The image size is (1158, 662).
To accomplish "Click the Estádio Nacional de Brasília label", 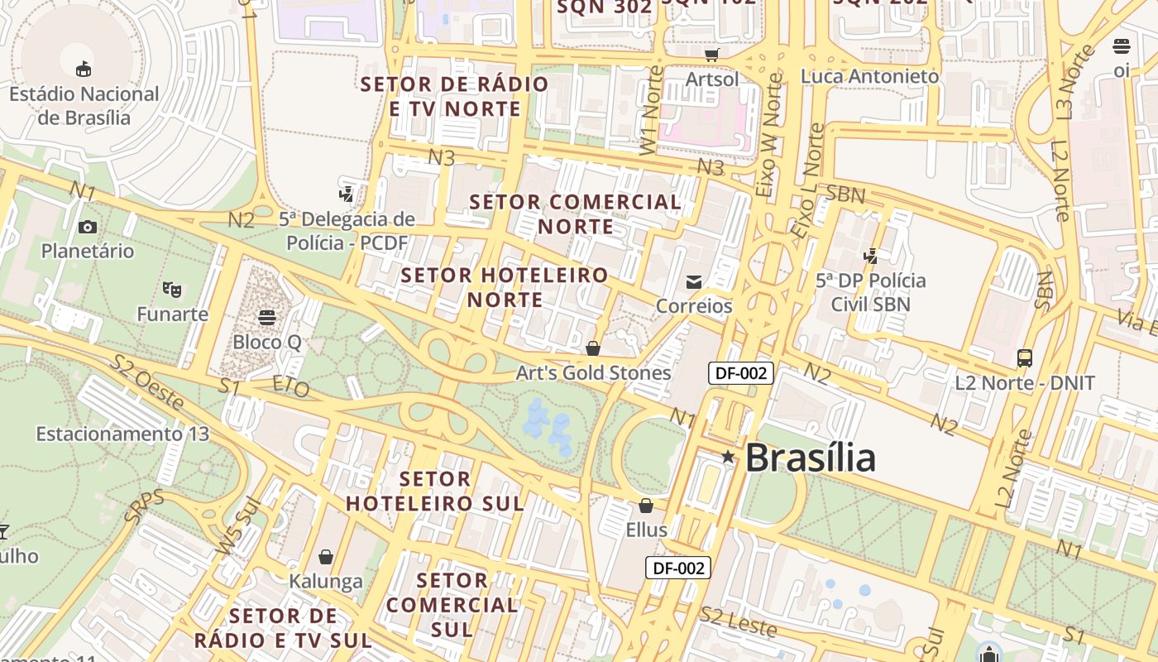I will point(84,105).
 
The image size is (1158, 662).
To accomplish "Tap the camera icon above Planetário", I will point(87,227).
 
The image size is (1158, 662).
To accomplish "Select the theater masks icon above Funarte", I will point(172,290).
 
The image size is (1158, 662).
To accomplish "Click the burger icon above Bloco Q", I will point(266,317).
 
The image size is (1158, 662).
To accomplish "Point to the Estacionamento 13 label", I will point(122,434).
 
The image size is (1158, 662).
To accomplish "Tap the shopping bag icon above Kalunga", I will point(326,556).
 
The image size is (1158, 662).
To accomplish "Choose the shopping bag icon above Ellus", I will point(646,505).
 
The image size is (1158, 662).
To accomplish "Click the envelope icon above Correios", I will point(694,282).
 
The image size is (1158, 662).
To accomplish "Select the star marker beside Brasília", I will point(727,457).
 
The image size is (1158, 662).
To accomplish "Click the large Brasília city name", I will point(810,458).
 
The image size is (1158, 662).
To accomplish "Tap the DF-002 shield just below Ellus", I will point(677,568).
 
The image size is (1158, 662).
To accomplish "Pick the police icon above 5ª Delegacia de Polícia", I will point(347,194).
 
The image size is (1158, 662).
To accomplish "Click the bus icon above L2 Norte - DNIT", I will point(1025,358).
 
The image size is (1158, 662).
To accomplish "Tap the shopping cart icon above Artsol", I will point(711,55).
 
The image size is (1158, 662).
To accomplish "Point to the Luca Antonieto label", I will point(869,76).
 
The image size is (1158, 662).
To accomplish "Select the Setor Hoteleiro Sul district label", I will point(435,491).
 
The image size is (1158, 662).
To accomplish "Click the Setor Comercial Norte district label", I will point(576,214).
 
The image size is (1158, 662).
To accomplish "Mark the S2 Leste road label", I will point(738,621).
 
